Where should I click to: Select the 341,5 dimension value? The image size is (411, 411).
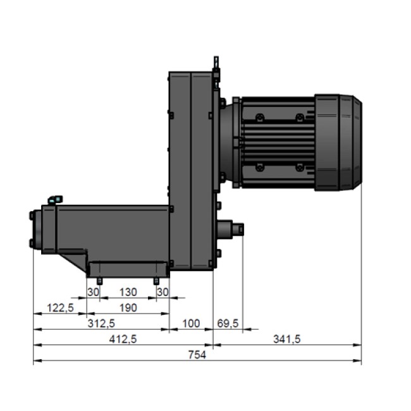(286, 339)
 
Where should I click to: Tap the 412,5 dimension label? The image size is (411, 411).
(124, 339)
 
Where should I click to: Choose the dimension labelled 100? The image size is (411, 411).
(190, 323)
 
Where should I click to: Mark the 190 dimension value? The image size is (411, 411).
(128, 307)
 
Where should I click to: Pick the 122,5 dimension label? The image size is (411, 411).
(61, 307)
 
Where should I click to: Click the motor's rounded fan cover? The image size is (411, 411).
(338, 142)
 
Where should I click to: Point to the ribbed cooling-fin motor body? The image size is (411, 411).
(274, 142)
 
